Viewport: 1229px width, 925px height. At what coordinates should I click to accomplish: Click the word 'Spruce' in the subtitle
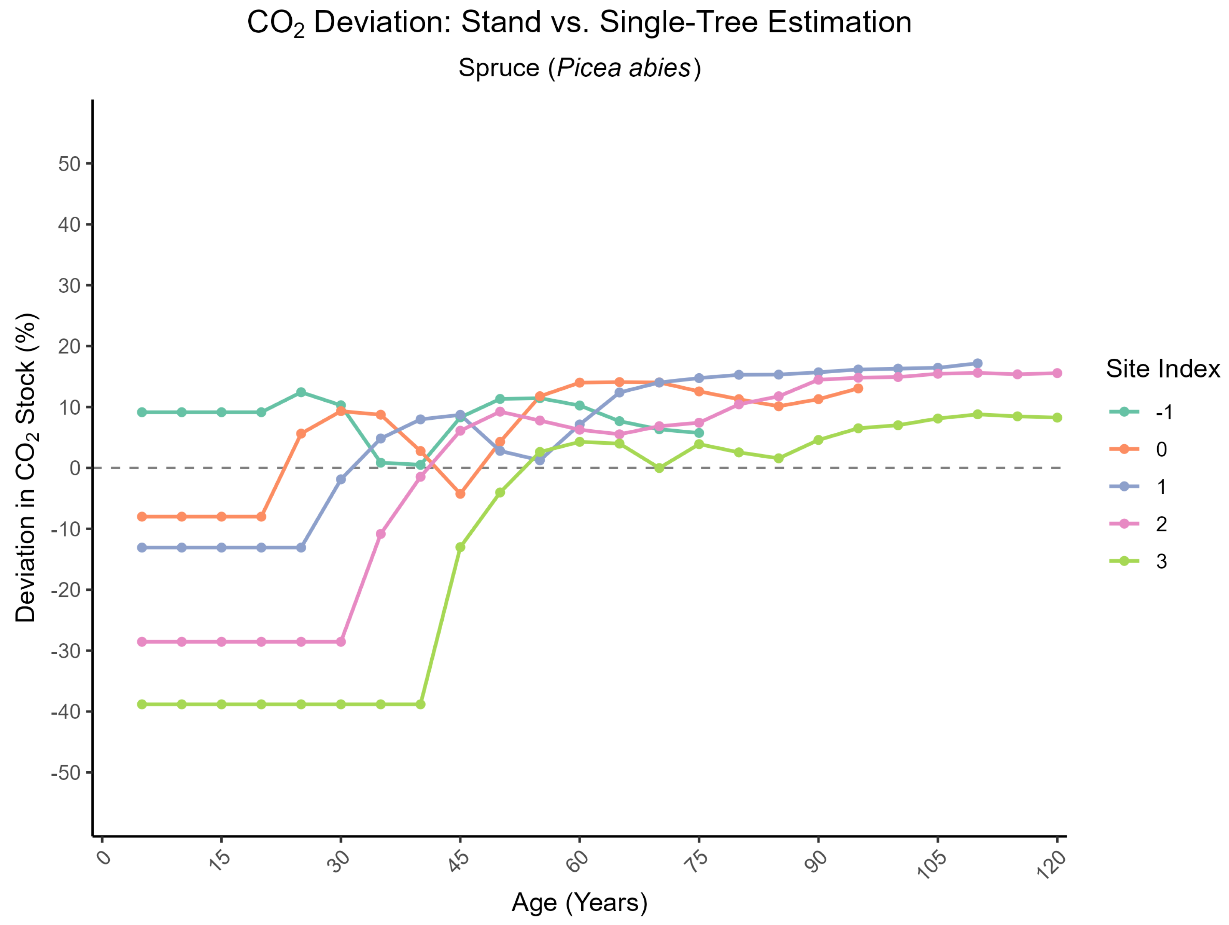[498, 68]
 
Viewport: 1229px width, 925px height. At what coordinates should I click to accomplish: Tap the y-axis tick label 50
[69, 164]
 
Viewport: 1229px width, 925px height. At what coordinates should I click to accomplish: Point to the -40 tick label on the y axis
[66, 712]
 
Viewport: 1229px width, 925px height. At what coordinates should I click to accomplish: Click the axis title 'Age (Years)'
[580, 903]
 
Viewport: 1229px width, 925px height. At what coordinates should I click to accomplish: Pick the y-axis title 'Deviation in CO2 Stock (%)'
[26, 468]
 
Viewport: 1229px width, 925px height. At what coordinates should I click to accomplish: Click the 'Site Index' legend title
[1162, 369]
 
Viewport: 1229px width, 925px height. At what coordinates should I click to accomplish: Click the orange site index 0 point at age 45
[460, 494]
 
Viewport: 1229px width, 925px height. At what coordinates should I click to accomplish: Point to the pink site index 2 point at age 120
[1057, 373]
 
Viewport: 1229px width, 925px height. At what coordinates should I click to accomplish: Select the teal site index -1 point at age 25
[301, 392]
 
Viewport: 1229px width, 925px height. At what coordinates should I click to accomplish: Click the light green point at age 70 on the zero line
[659, 468]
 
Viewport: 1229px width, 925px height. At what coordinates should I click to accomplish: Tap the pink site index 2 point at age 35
[381, 534]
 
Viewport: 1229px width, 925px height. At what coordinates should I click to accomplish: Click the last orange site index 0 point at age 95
[858, 389]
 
